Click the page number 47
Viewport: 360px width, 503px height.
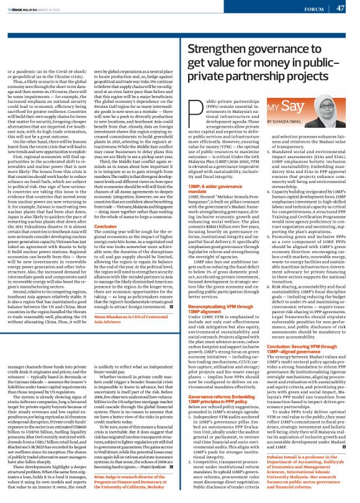click(340, 8)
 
